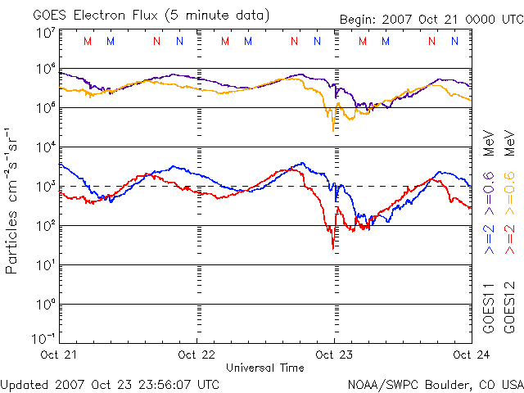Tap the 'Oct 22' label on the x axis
tap(196, 355)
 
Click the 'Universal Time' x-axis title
tap(265, 368)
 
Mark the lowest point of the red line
tap(332, 248)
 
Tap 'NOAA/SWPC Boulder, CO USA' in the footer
tap(434, 383)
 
